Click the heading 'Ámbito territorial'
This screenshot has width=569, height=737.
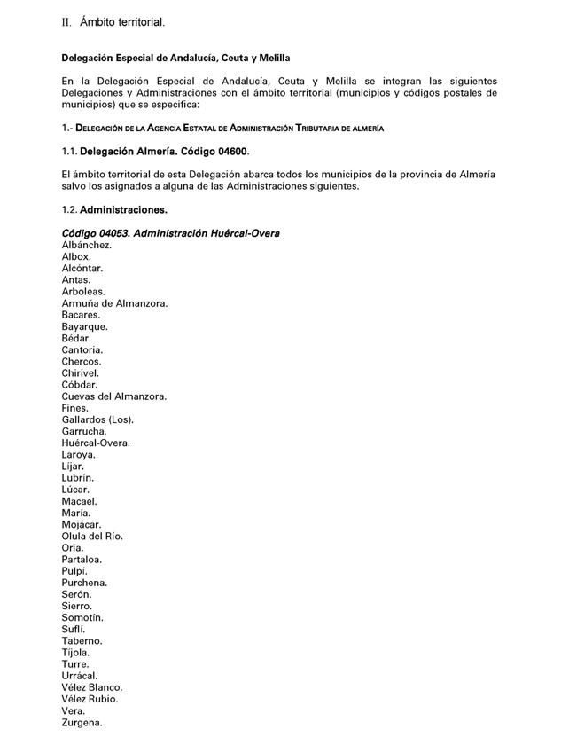click(122, 21)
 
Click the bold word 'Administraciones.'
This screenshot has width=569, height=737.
click(123, 210)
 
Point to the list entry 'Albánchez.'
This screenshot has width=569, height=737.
click(87, 245)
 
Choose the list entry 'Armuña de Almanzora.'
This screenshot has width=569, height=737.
click(115, 303)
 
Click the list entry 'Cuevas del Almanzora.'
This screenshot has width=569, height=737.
click(114, 396)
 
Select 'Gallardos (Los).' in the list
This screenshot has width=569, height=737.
click(97, 419)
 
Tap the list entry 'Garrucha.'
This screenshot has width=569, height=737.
click(84, 431)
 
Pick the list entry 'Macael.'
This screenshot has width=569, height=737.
click(80, 501)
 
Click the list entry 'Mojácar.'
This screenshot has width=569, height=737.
click(82, 524)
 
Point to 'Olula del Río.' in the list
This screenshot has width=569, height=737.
click(92, 536)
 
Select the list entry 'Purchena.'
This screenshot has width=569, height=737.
click(84, 583)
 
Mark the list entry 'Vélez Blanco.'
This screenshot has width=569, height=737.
click(92, 687)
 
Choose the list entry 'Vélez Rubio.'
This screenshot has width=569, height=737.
click(90, 699)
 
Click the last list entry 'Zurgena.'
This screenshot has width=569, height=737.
click(82, 723)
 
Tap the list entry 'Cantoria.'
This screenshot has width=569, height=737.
click(82, 349)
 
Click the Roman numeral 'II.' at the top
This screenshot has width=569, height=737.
click(66, 21)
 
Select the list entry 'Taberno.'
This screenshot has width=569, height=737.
click(82, 640)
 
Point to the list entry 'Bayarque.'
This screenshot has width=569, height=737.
click(85, 326)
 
